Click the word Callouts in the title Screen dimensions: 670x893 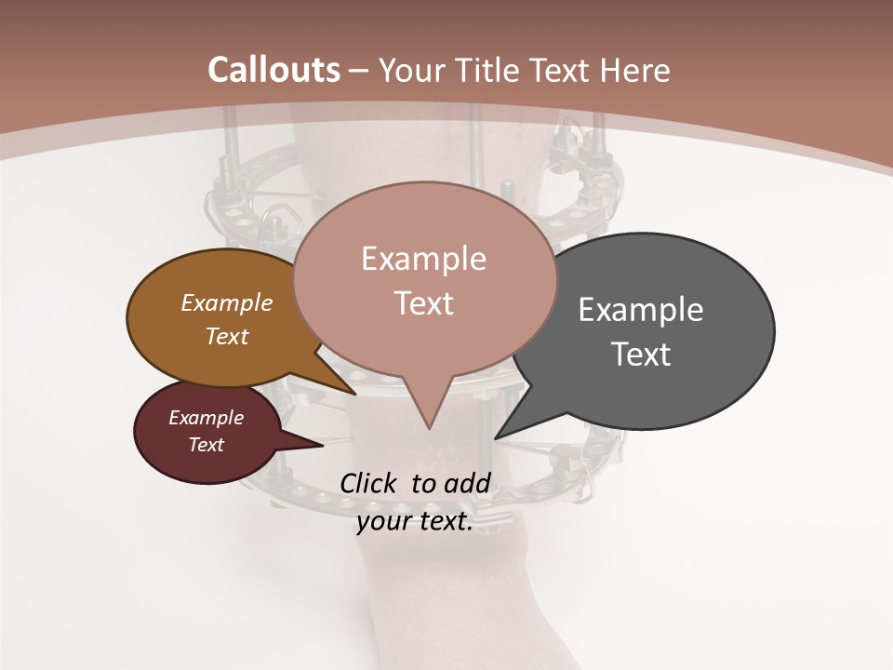[x=273, y=70]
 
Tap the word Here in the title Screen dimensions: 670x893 [x=635, y=70]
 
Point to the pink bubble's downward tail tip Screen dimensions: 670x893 [x=429, y=428]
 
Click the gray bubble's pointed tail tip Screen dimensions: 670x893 [x=496, y=438]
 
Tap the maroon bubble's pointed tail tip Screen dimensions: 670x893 [x=323, y=446]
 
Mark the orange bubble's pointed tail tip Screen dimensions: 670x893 [x=355, y=394]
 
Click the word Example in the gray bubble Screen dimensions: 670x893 [x=641, y=310]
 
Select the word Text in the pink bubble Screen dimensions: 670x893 [x=424, y=303]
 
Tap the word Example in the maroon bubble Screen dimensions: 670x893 [x=206, y=418]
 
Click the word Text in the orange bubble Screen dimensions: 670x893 [x=227, y=336]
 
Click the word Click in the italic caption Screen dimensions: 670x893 [x=369, y=483]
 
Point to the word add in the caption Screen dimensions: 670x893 [x=467, y=483]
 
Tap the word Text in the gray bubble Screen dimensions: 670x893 [x=641, y=355]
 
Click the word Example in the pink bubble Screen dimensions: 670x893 [x=423, y=259]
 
